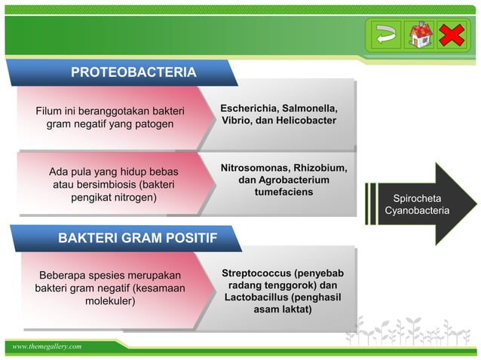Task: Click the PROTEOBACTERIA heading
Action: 133,72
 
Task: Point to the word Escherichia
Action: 246,108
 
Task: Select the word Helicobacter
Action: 305,121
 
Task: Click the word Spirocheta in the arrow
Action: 417,198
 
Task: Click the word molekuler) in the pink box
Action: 110,301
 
